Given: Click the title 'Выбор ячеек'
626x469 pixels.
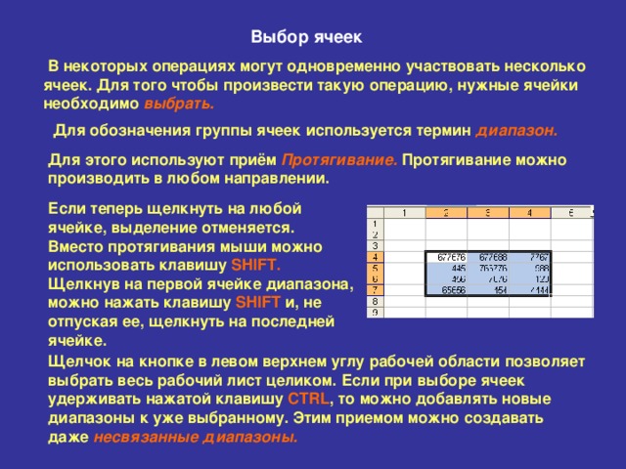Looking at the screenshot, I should click(305, 38).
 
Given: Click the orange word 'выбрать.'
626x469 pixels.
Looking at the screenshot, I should click(179, 103).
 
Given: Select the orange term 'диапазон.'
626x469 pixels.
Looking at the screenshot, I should click(516, 129).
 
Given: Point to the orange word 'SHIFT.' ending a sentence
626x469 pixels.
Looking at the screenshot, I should click(256, 265).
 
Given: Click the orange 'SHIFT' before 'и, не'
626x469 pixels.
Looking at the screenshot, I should click(258, 302).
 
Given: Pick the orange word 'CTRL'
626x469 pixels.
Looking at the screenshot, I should click(309, 399).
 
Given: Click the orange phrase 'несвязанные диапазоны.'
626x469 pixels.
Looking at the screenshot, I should click(196, 437).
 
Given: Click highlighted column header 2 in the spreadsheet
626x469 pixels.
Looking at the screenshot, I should click(445, 213).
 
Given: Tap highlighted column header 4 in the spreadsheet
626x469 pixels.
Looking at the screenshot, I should click(529, 213).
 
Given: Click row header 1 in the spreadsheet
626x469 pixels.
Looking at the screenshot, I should click(375, 224).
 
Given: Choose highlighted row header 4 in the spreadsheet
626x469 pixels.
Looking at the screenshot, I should click(375, 257).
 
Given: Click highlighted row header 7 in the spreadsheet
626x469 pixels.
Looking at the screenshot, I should click(375, 290).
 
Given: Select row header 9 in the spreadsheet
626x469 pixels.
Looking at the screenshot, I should click(375, 313).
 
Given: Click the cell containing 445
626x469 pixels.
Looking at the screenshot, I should click(445, 268).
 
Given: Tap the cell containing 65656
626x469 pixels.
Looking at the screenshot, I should click(445, 290).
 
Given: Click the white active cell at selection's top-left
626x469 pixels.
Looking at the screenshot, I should click(445, 257).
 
